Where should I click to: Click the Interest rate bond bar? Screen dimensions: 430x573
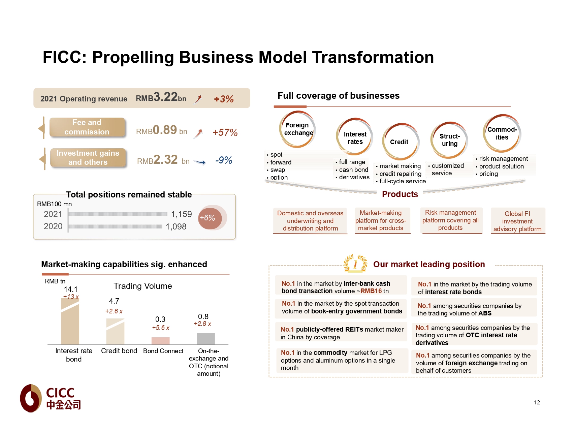(x=70, y=321)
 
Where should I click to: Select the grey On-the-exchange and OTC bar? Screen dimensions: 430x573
(x=205, y=339)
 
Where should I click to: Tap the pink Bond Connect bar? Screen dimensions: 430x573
(x=160, y=341)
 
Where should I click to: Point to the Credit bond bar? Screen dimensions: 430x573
(x=115, y=332)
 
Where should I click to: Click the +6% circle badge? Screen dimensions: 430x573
(x=210, y=218)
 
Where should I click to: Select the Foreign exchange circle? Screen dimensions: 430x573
(x=297, y=129)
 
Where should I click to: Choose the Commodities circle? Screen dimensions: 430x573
(x=502, y=133)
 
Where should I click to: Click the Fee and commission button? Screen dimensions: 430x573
(x=87, y=127)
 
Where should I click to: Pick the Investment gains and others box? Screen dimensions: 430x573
(x=88, y=158)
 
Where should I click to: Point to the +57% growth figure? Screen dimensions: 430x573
(x=225, y=133)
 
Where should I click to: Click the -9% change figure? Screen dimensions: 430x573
(x=224, y=160)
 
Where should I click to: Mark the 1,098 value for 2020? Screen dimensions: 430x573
(x=176, y=227)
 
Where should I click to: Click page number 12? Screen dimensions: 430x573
(x=537, y=402)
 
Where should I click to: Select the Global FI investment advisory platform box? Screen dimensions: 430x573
(x=517, y=221)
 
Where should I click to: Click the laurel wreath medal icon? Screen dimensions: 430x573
(x=355, y=264)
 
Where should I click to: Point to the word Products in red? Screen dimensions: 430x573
(x=400, y=194)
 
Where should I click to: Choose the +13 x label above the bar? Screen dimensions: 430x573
(x=71, y=297)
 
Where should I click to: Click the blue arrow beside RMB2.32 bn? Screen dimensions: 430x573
(x=200, y=162)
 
